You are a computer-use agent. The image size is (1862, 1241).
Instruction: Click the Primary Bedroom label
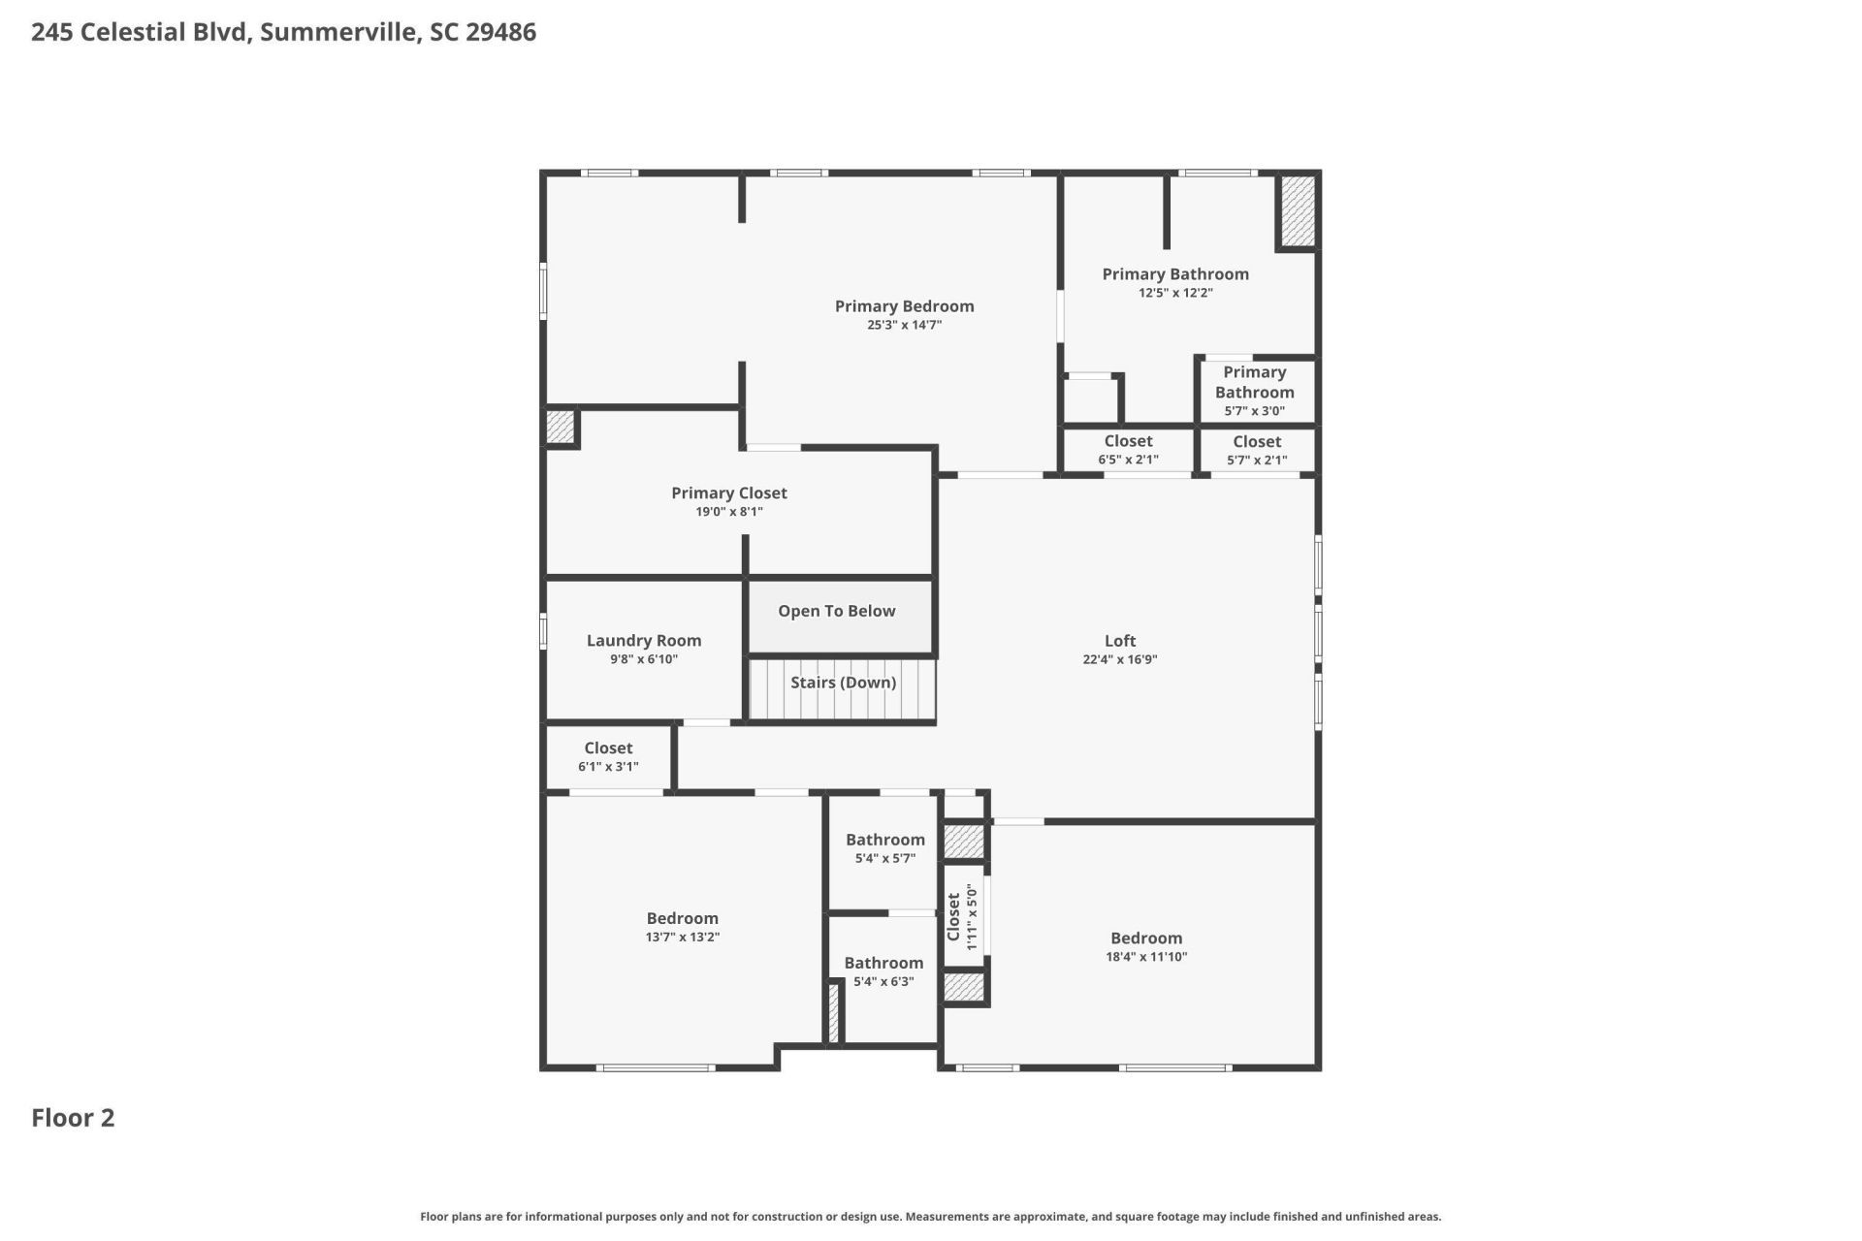click(904, 306)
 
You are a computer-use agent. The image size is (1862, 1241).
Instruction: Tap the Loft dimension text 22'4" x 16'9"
click(1119, 660)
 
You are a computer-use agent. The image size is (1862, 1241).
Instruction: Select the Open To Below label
click(836, 611)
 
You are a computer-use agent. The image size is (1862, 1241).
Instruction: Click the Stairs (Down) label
click(843, 683)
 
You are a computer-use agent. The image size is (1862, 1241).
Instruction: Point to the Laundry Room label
click(644, 641)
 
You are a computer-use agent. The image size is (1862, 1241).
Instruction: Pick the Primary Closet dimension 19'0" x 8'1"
click(728, 512)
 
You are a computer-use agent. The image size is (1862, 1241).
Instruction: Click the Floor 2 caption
click(73, 1118)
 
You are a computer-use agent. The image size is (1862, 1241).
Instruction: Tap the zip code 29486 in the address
click(500, 32)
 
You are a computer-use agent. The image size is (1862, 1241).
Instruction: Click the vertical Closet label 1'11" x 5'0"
click(962, 916)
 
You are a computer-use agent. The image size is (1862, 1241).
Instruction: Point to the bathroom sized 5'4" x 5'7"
click(884, 848)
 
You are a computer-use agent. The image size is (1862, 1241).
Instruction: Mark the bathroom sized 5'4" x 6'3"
click(883, 971)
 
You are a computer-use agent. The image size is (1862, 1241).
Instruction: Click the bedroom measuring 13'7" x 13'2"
click(683, 927)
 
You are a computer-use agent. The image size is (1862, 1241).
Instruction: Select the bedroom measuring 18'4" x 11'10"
click(1146, 946)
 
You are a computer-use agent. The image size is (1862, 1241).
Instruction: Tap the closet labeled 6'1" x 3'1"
click(608, 756)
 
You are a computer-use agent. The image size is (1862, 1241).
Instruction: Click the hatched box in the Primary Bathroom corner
click(1298, 210)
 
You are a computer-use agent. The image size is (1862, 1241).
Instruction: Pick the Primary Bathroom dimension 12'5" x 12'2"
click(1175, 293)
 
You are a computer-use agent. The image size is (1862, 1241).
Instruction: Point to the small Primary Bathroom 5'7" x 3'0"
click(1254, 391)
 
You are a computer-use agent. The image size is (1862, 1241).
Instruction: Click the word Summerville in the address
click(339, 32)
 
